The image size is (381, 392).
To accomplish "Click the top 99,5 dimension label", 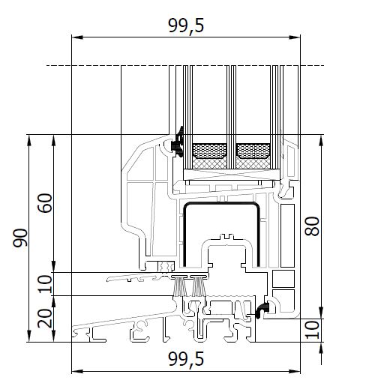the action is coord(186,25).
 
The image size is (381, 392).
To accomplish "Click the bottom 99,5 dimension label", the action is coord(186,360).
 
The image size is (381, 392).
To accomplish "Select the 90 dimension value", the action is coord(20,238).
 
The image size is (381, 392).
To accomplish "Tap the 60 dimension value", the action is coord(45,203).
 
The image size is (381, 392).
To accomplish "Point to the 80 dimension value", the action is coord(312,226).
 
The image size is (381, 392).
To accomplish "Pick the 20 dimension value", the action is coord(45,319).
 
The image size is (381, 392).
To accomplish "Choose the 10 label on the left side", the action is coord(45,284).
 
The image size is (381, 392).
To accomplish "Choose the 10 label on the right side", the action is coord(312,330).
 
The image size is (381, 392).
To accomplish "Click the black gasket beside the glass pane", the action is coord(178,142).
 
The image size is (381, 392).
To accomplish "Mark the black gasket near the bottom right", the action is coord(262,310).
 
